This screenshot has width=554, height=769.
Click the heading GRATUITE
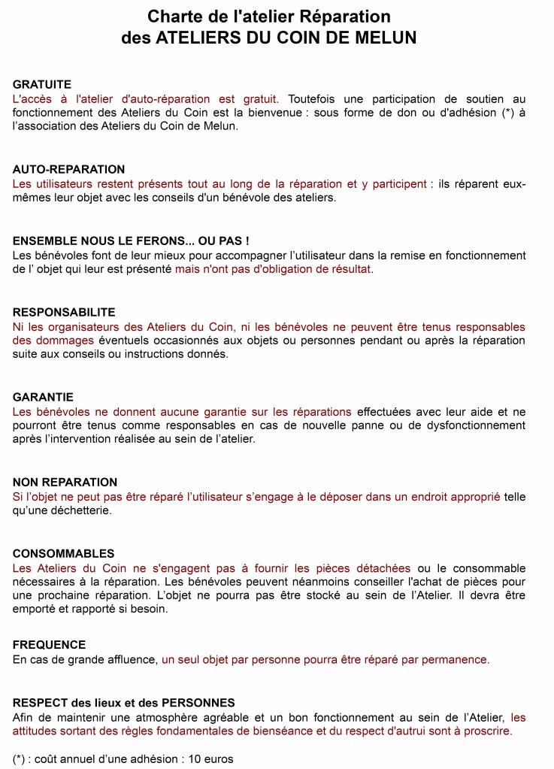pyautogui.click(x=42, y=85)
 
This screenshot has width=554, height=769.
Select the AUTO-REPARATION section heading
pyautogui.click(x=69, y=170)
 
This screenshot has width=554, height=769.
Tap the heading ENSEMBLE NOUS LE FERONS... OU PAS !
pyautogui.click(x=131, y=241)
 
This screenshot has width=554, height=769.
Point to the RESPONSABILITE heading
pyautogui.click(x=64, y=313)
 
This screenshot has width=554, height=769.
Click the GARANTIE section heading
pyautogui.click(x=44, y=398)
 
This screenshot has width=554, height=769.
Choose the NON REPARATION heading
pyautogui.click(x=65, y=483)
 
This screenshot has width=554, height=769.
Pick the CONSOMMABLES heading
pyautogui.click(x=64, y=554)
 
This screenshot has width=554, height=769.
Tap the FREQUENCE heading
pyautogui.click(x=50, y=645)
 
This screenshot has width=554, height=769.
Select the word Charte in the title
pyautogui.click(x=172, y=17)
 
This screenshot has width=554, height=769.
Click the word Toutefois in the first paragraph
pyautogui.click(x=315, y=99)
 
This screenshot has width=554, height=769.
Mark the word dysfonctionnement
pyautogui.click(x=470, y=425)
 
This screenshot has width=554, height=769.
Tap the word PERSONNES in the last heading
pyautogui.click(x=198, y=703)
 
